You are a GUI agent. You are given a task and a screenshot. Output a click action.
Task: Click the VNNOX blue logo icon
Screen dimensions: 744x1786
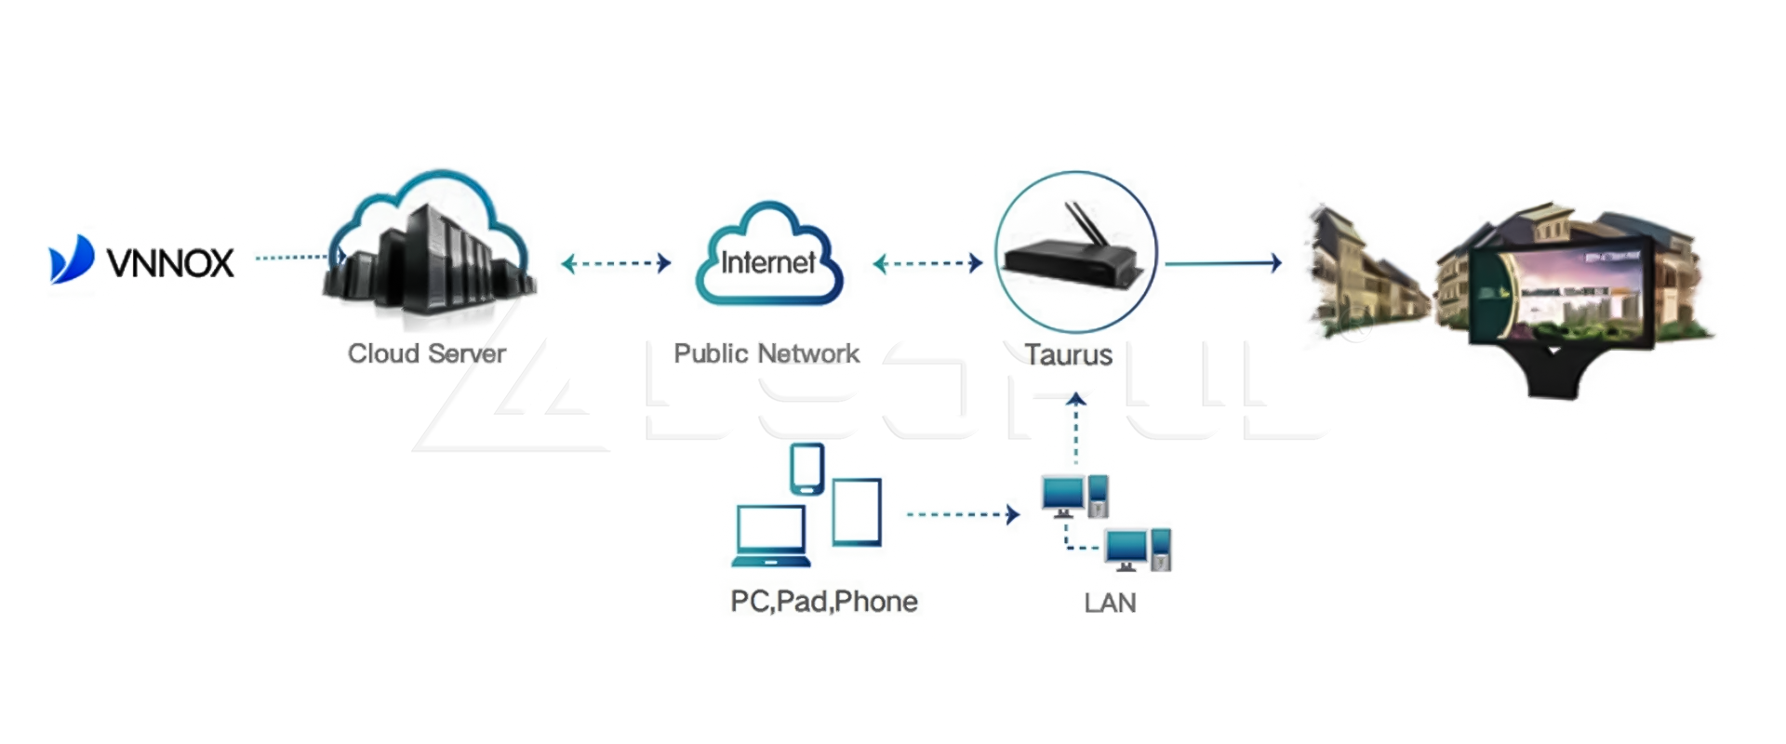coord(72,259)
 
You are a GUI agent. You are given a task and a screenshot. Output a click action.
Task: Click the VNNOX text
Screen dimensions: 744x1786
coord(170,264)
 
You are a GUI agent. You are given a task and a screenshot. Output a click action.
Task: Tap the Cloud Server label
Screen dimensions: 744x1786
coord(426,353)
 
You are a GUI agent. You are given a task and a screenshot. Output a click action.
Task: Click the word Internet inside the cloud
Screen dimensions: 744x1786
coord(768,263)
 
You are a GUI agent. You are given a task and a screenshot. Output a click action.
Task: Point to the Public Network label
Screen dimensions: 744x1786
coord(766,353)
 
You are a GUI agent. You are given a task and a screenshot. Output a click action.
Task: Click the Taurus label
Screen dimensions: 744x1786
coord(1068,354)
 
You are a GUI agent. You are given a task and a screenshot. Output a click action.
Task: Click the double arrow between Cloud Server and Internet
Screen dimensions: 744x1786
coord(616,263)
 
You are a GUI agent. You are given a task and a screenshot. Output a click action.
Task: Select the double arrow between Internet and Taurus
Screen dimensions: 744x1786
coord(927,263)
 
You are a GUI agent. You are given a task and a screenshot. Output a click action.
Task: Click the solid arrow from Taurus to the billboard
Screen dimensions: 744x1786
coord(1222,263)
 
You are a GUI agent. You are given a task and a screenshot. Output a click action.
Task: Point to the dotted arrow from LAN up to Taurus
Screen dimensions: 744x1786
coord(1076,428)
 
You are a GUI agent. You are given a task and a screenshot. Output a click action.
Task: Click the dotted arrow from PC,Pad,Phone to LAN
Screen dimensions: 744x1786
coord(962,513)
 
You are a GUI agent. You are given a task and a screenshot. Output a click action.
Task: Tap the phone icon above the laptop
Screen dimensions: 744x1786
coord(806,468)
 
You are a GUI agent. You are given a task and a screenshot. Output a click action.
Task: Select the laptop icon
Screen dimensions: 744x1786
coord(770,537)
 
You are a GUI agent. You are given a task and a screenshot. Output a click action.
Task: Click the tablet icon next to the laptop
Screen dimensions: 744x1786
coord(856,511)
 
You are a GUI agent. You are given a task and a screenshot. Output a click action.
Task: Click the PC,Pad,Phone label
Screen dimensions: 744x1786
coord(823,602)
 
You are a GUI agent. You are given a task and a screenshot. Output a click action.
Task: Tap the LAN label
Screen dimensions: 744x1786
coord(1110,603)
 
